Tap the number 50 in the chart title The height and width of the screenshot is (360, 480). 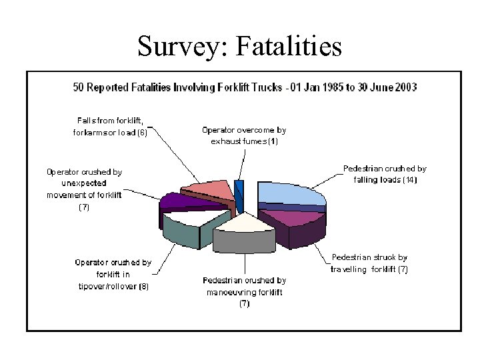78,87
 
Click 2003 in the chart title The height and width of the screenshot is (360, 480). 405,87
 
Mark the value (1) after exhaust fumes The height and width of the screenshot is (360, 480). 273,141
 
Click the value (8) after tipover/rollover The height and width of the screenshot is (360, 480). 144,287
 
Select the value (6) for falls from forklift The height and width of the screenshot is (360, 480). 142,132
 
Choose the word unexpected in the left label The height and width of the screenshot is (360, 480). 84,183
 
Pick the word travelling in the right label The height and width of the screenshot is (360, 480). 349,269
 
